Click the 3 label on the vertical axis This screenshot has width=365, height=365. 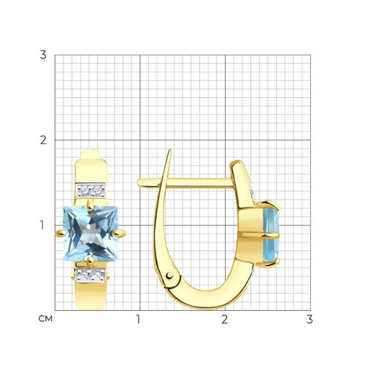pyautogui.click(x=43, y=55)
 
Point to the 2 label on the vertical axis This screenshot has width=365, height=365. pyautogui.click(x=43, y=140)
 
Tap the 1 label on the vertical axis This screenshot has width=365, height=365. pyautogui.click(x=42, y=225)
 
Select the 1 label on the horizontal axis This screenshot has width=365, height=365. pyautogui.click(x=138, y=320)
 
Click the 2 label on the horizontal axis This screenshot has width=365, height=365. pyautogui.click(x=225, y=320)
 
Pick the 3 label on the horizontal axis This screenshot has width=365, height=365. pyautogui.click(x=310, y=320)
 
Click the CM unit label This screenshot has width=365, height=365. pyautogui.click(x=45, y=319)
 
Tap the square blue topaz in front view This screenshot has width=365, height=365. pyautogui.click(x=91, y=234)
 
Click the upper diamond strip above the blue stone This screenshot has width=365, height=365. pyautogui.click(x=91, y=191)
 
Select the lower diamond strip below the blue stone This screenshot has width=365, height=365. pyautogui.click(x=91, y=274)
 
